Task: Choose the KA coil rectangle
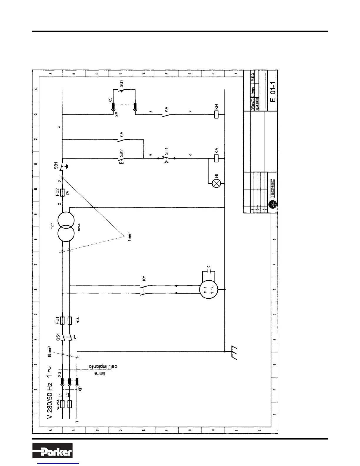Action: click(x=216, y=158)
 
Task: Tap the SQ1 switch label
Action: click(x=121, y=83)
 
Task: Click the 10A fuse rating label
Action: click(x=78, y=320)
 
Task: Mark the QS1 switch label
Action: click(x=58, y=337)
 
